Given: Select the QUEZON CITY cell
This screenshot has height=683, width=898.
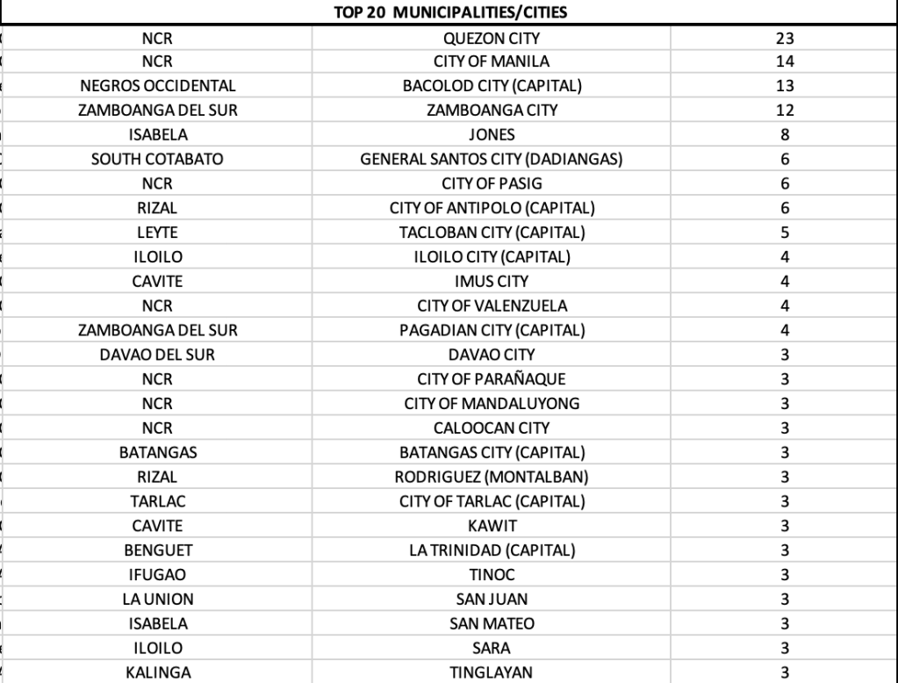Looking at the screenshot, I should pyautogui.click(x=492, y=38).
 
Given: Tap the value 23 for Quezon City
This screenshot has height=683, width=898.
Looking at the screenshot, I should pyautogui.click(x=785, y=38).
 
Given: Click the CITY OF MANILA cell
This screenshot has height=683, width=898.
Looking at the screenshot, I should pyautogui.click(x=492, y=62).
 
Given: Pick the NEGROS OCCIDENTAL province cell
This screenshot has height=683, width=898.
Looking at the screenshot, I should pyautogui.click(x=157, y=86).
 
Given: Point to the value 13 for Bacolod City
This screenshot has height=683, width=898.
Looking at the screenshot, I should pyautogui.click(x=785, y=86).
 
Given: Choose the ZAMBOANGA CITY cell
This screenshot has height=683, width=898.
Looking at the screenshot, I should pyautogui.click(x=492, y=111).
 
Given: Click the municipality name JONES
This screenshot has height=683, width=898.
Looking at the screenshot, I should pyautogui.click(x=492, y=135).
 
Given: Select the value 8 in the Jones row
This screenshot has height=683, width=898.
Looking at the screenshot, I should pyautogui.click(x=785, y=135).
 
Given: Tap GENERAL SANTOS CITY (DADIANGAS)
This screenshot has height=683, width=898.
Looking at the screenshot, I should pyautogui.click(x=492, y=160).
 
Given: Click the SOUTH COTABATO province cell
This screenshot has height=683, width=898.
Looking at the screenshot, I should pyautogui.click(x=157, y=160).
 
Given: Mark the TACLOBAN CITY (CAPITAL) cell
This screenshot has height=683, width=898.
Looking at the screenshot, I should pyautogui.click(x=492, y=233).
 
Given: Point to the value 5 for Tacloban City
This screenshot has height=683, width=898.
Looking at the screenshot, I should pyautogui.click(x=785, y=233).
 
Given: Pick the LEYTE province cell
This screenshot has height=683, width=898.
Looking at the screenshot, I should pyautogui.click(x=157, y=233).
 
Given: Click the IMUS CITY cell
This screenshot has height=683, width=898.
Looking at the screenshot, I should pyautogui.click(x=492, y=282).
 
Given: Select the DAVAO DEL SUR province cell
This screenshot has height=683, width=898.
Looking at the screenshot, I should pyautogui.click(x=157, y=355).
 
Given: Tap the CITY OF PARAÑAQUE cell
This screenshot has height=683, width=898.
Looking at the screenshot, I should pyautogui.click(x=492, y=379).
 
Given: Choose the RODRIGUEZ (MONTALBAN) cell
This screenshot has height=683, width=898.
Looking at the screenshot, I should pyautogui.click(x=492, y=477).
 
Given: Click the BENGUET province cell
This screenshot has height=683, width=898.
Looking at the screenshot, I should pyautogui.click(x=157, y=550).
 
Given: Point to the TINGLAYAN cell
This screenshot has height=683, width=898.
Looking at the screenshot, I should pyautogui.click(x=492, y=672).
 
